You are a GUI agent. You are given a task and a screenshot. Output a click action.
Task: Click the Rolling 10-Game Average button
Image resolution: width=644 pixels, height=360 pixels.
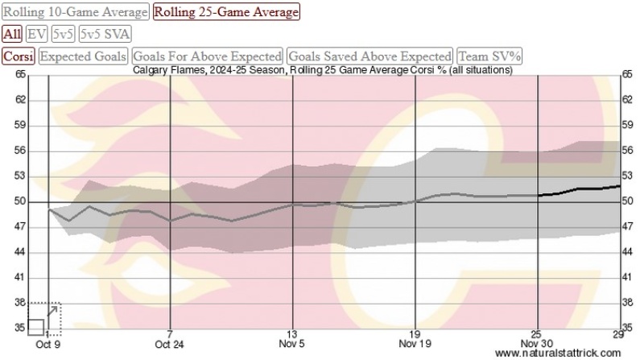[76, 12]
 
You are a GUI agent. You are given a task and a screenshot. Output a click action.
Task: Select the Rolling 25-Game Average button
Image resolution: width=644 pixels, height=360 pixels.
[226, 12]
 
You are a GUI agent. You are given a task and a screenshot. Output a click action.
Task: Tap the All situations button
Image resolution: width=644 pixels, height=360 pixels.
[12, 34]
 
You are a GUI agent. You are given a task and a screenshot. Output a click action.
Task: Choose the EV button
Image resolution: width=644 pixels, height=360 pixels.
[37, 34]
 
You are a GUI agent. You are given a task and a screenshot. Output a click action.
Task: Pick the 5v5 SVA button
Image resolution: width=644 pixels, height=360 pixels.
[105, 34]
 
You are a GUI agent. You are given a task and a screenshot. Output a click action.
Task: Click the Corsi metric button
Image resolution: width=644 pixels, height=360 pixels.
[18, 56]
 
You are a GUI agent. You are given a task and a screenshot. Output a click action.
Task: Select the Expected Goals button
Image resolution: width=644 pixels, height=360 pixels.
[84, 56]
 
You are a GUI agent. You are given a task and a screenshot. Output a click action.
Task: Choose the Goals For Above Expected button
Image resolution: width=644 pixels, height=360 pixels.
[207, 56]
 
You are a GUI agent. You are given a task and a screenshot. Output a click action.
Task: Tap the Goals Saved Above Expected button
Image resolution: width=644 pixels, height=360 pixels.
[370, 56]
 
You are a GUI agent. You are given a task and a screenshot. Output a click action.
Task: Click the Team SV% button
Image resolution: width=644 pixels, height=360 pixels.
[490, 56]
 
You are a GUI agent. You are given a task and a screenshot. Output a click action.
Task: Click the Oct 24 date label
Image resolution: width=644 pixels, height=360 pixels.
[170, 344]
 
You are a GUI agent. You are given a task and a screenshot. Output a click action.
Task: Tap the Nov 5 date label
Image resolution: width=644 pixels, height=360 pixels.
[291, 344]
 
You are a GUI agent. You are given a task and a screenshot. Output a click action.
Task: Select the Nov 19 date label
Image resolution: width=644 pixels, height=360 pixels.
[413, 344]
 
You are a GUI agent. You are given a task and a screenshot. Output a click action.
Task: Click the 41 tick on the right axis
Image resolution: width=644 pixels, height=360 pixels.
[628, 278]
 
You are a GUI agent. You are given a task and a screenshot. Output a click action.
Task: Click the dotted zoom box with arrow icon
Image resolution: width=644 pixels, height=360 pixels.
[45, 319]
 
